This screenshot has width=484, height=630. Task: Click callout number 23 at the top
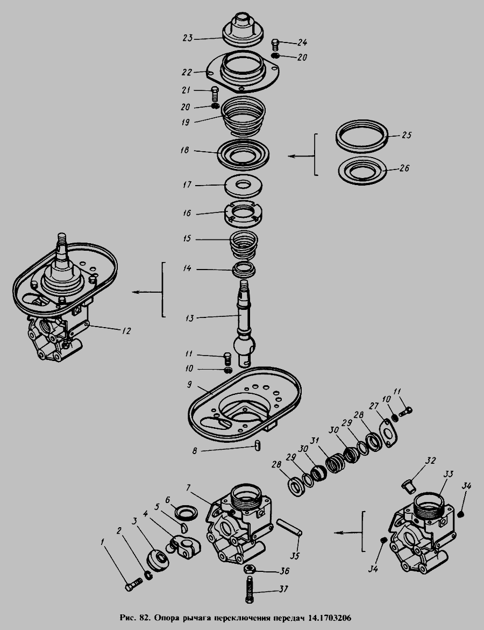point(188,38)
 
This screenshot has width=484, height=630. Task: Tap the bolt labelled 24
point(275,45)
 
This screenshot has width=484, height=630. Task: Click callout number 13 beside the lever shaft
point(189,318)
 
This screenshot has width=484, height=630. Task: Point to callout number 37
point(283,590)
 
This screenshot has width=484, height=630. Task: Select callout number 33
point(448,475)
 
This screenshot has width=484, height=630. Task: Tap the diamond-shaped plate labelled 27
point(388,433)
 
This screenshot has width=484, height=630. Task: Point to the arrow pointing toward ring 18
point(301,156)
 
